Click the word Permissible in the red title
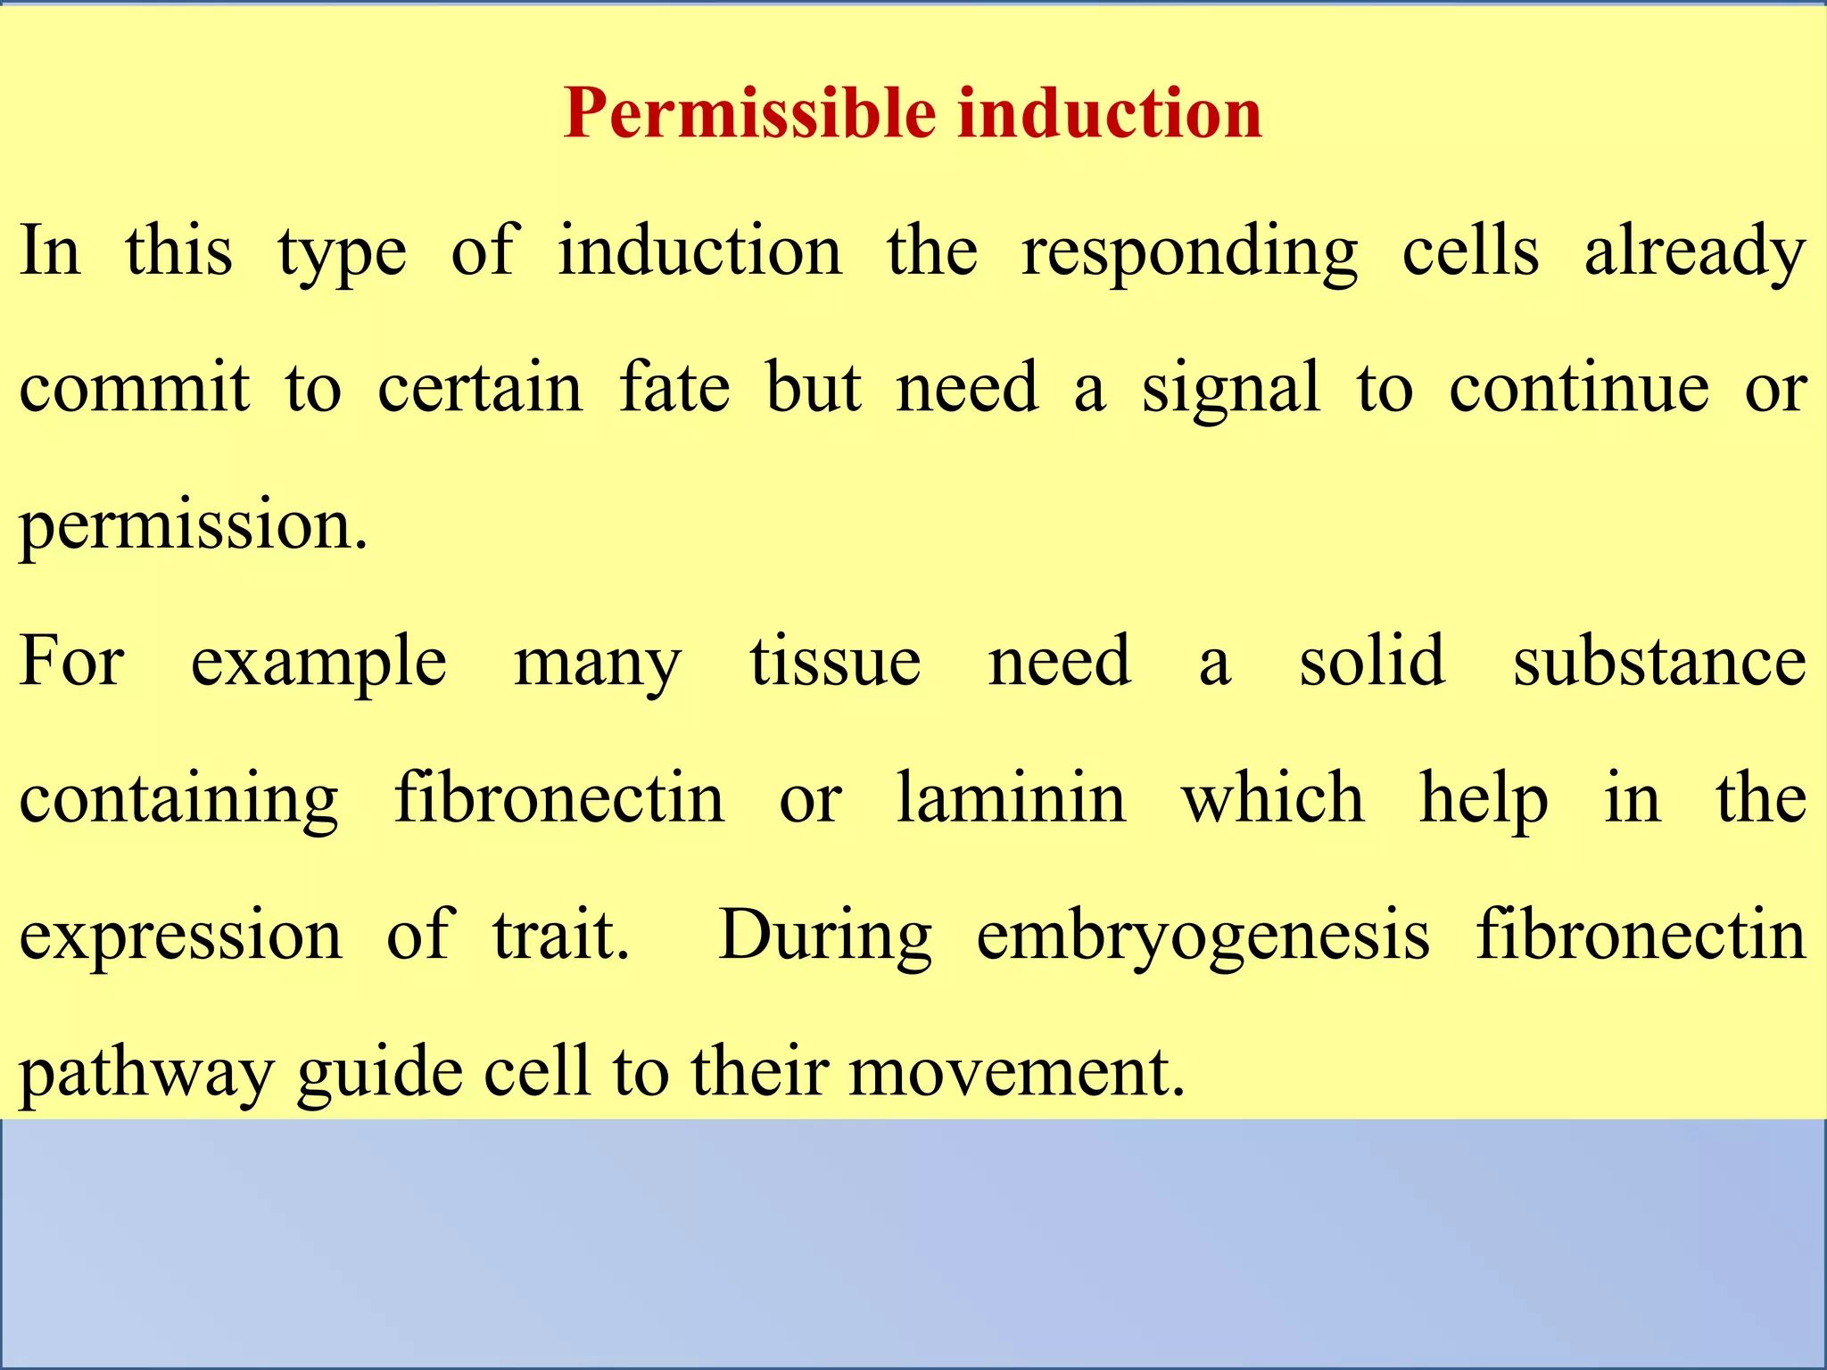[x=751, y=114]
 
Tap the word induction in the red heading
[x=1110, y=114]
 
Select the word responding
[x=1189, y=253]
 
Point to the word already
[x=1695, y=253]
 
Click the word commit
[x=135, y=388]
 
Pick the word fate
[x=674, y=388]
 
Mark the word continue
[x=1579, y=388]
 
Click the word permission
[x=193, y=526]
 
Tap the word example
[x=318, y=664]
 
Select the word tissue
[x=835, y=662]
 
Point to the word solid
[x=1372, y=662]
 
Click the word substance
[x=1660, y=662]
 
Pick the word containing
[x=178, y=800]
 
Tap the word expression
[x=181, y=937]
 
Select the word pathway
[x=146, y=1074]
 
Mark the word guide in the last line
[x=380, y=1074]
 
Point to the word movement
[x=1017, y=1072]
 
